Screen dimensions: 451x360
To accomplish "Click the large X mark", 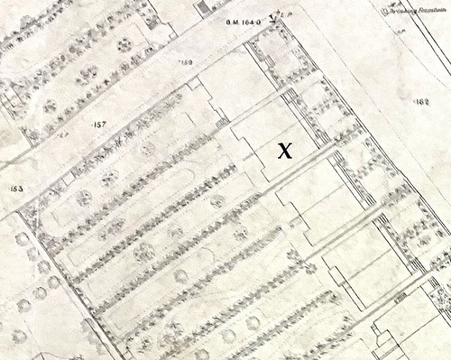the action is click(283, 151).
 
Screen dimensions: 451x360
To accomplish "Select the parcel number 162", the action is click(419, 103).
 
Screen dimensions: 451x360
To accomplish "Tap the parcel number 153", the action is click(15, 189).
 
